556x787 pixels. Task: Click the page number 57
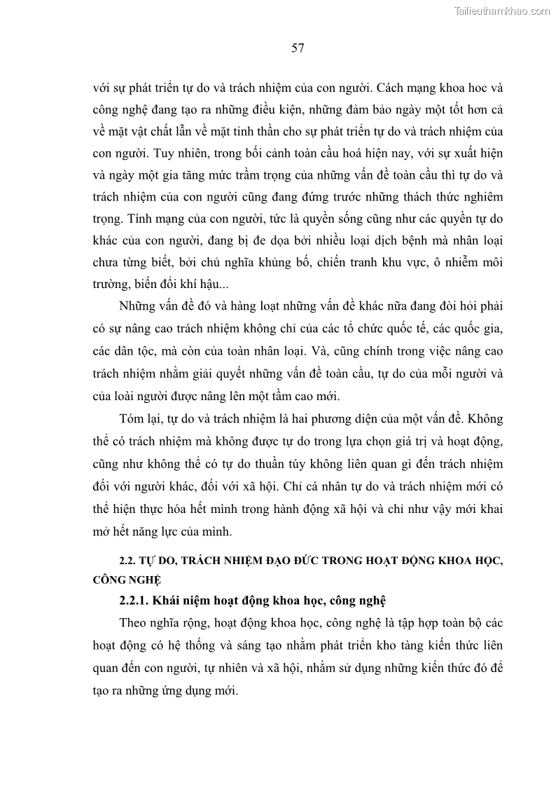click(x=297, y=48)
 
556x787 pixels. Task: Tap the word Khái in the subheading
click(x=169, y=601)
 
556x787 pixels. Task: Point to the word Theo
click(x=133, y=624)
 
